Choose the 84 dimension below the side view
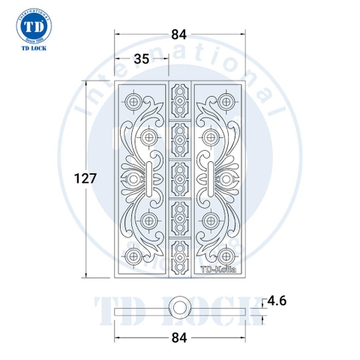pyautogui.click(x=181, y=336)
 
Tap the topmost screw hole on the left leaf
pyautogui.click(x=134, y=100)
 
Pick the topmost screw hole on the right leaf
pyautogui.click(x=226, y=100)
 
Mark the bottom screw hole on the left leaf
pyautogui.click(x=134, y=255)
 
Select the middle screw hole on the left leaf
pyautogui.click(x=134, y=178)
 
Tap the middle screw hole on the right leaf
pyautogui.click(x=226, y=178)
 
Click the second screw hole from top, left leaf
pyautogui.click(x=150, y=136)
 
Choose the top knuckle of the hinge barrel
pyautogui.click(x=180, y=98)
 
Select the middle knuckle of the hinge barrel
pyautogui.click(x=180, y=178)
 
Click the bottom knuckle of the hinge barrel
pyautogui.click(x=180, y=259)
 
